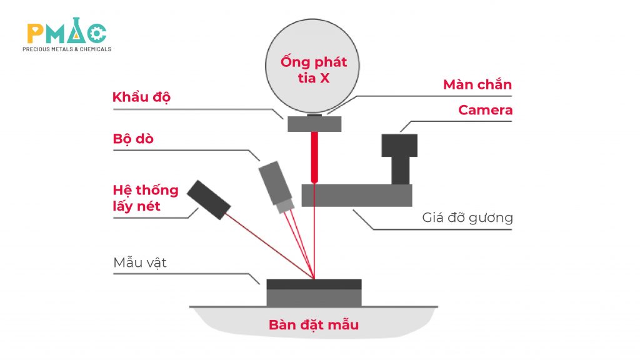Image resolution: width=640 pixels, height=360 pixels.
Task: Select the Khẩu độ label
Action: click(x=141, y=97)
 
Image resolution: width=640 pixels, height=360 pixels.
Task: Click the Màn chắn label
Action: click(x=477, y=84)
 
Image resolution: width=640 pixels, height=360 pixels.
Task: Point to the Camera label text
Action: click(x=485, y=111)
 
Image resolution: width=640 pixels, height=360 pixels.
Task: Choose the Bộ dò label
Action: click(x=133, y=139)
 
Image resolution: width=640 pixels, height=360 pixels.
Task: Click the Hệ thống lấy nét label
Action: click(x=146, y=197)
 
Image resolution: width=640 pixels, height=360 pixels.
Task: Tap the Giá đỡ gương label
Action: click(x=467, y=218)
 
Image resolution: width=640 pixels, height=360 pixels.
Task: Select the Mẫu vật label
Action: click(x=140, y=262)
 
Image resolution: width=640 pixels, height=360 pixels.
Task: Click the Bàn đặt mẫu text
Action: click(x=314, y=325)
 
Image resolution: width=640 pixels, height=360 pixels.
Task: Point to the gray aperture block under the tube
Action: click(x=314, y=124)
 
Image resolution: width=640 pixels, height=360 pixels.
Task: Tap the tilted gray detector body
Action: click(x=274, y=181)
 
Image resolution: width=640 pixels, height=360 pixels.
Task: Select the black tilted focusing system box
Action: click(x=209, y=199)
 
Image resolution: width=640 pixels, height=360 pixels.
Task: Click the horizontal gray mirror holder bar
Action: click(x=356, y=195)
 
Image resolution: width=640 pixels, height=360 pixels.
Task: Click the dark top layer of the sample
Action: click(x=314, y=284)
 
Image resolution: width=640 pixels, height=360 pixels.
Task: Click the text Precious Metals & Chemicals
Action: click(x=67, y=49)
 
